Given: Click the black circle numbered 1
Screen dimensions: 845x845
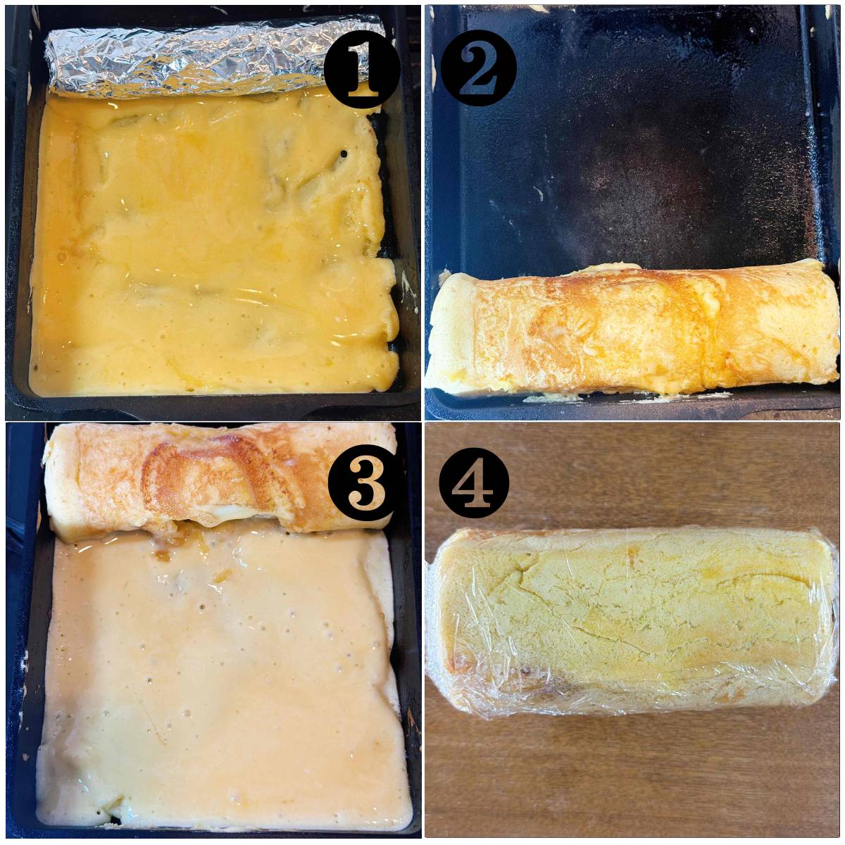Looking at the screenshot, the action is pyautogui.click(x=362, y=69).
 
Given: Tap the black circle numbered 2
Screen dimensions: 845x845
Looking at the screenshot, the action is pyautogui.click(x=478, y=69).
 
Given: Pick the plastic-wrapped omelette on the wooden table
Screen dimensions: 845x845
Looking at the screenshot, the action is pyautogui.click(x=632, y=625).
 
